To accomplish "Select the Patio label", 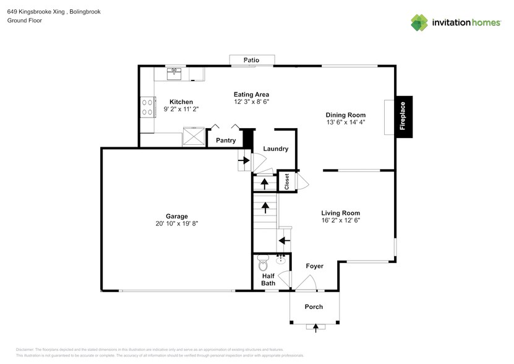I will coord(251,60).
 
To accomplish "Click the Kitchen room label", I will coord(181,102).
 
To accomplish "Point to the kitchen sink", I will coord(175,74).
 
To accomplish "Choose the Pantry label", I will coord(226,141).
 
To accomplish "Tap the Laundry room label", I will coord(275,149).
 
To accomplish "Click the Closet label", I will coord(287,180).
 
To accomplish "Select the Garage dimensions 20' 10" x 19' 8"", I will coord(177,224).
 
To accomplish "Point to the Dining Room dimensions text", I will coord(346,123).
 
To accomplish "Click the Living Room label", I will coord(340,212).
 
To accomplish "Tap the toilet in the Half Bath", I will coord(262,262).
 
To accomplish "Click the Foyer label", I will coord(314,266).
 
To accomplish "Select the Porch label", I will coord(314,307).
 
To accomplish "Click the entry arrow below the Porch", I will coord(316,327).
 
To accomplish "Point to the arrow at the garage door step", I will coord(243,161).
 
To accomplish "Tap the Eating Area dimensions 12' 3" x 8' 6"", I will coord(252,102).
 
